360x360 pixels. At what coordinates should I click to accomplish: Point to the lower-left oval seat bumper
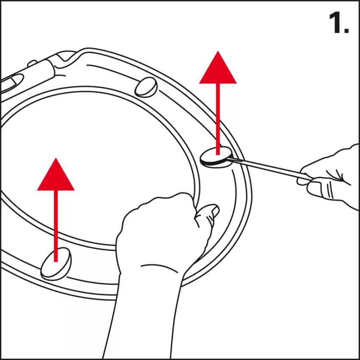tap(56, 263)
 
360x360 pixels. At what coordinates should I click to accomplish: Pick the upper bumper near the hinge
tap(146, 87)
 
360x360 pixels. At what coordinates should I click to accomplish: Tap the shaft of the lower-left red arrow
tap(56, 226)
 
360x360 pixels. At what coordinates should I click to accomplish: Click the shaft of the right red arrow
tap(218, 119)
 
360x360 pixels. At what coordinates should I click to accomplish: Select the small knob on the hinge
tap(32, 63)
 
